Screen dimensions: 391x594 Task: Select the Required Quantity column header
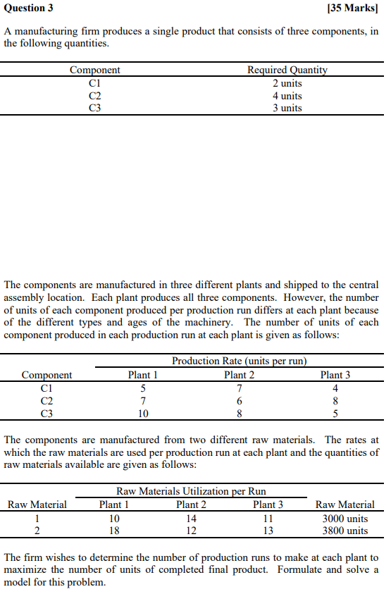tap(287, 70)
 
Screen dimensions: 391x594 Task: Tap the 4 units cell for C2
tap(287, 95)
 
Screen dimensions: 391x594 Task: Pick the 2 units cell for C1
tap(287, 83)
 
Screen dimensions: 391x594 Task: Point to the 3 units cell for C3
tap(287, 108)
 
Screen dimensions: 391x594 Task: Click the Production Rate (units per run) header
tap(240, 361)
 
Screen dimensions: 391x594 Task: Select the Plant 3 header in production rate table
tap(335, 375)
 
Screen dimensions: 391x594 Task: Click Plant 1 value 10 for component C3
tap(143, 413)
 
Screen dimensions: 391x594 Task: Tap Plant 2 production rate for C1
tap(240, 388)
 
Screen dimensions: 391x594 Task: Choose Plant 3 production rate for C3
tap(335, 413)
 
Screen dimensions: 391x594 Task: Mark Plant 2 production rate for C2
tap(240, 400)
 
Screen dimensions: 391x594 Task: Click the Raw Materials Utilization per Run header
tap(191, 490)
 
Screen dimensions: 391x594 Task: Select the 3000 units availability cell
tap(345, 518)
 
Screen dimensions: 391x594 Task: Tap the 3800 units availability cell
tap(345, 531)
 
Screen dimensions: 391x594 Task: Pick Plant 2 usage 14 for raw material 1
tap(191, 518)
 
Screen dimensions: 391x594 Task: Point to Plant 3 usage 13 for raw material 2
tap(268, 531)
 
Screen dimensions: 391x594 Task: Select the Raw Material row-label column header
tap(37, 504)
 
